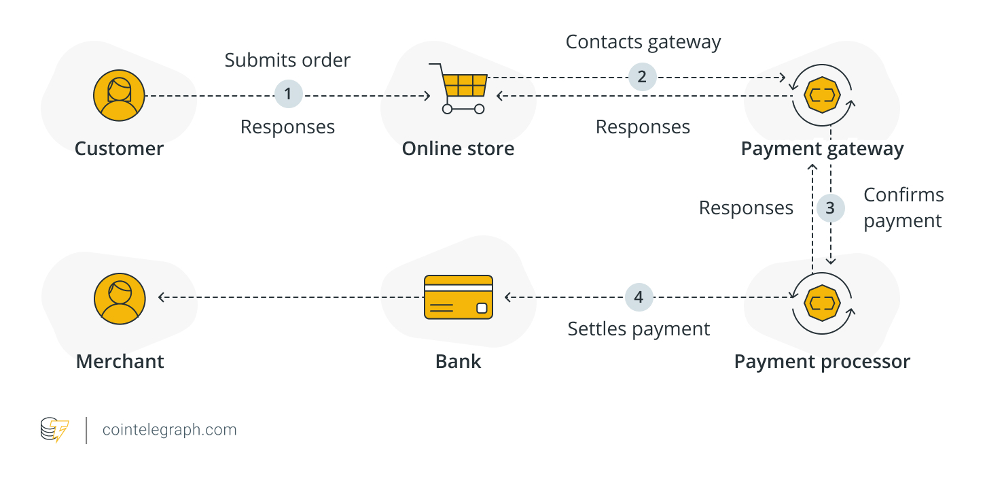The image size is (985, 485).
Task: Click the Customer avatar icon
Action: click(x=119, y=96)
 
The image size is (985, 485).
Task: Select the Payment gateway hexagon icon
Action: click(x=822, y=96)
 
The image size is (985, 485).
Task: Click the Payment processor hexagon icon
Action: click(x=822, y=300)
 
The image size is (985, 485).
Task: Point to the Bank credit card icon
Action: click(x=458, y=297)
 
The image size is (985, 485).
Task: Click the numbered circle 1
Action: click(x=288, y=94)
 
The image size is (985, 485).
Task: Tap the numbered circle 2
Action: click(x=642, y=76)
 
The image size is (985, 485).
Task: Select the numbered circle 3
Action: click(x=830, y=207)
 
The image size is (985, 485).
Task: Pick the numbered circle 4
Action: click(x=639, y=297)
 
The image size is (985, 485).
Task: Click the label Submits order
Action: click(x=287, y=60)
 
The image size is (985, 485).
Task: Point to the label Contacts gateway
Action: click(x=643, y=42)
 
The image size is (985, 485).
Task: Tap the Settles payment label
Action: click(x=639, y=329)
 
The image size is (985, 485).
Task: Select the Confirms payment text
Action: click(x=903, y=207)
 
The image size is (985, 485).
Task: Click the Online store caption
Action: click(x=458, y=149)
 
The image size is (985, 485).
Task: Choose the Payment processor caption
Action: click(x=822, y=361)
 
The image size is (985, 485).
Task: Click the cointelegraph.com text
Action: click(x=169, y=430)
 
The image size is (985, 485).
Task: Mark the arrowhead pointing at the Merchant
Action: click(x=162, y=297)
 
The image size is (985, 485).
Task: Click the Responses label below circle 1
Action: click(x=287, y=127)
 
